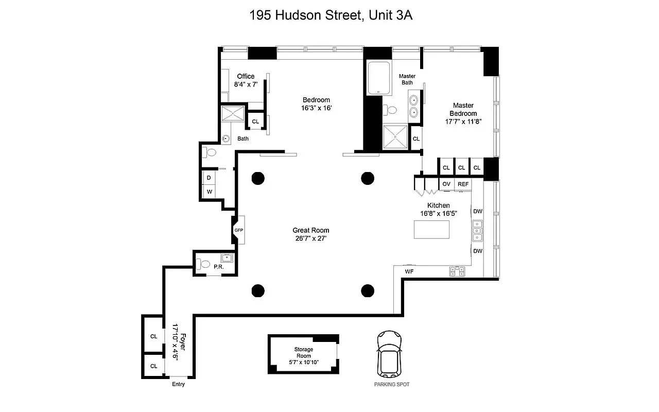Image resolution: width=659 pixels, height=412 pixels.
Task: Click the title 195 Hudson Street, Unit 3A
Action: tap(331, 15)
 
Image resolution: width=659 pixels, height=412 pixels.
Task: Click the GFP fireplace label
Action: tap(238, 230)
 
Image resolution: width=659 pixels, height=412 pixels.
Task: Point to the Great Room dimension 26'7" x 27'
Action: tap(310, 238)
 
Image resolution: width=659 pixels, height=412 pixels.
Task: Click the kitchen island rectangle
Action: tap(431, 230)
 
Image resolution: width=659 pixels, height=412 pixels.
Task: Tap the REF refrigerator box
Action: tap(463, 184)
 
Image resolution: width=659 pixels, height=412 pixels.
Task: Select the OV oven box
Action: tap(446, 184)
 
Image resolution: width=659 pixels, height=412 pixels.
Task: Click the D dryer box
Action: tap(209, 178)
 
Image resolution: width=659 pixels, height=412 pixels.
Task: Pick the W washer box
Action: tap(209, 192)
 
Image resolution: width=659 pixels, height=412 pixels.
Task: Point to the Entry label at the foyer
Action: tap(178, 384)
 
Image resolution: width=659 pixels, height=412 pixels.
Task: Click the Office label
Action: tap(246, 76)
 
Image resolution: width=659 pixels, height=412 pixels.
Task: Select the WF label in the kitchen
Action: tap(409, 271)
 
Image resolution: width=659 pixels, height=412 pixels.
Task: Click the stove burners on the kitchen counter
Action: tap(457, 271)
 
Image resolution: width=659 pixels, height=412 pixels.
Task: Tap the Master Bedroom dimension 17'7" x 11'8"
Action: tap(463, 122)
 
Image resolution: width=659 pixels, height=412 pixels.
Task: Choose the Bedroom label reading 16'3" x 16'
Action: tap(316, 108)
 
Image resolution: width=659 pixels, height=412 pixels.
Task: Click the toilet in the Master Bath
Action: tap(391, 110)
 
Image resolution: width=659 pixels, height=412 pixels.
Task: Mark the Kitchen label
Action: tap(438, 205)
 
